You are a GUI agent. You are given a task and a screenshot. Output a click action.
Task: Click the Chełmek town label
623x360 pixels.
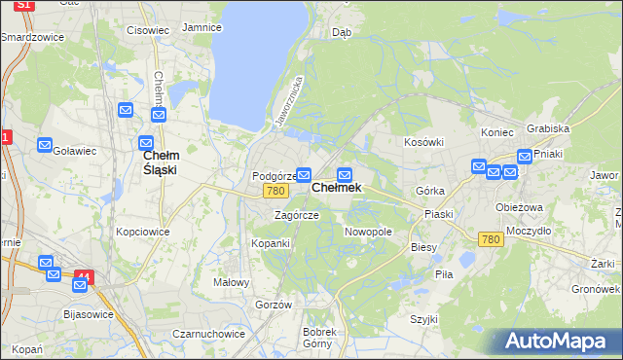pos(336,188)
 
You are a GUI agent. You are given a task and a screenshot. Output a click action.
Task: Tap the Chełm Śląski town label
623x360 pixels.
pos(160,162)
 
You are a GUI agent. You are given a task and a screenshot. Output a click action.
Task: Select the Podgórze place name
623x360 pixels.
pos(272,176)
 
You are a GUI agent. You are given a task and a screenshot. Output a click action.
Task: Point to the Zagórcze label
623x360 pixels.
pos(296,215)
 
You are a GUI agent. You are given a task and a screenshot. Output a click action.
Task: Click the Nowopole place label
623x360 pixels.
pos(368,232)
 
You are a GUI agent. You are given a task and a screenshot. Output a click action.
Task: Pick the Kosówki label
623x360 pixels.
pos(423,142)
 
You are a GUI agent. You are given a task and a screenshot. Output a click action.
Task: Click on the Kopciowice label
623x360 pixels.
pos(143,232)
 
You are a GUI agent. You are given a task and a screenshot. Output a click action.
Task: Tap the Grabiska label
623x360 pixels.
pos(547,127)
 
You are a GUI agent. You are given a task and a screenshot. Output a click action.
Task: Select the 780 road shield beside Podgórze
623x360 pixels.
pos(275,192)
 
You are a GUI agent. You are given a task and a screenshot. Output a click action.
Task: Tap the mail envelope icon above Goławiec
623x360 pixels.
pos(45,146)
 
